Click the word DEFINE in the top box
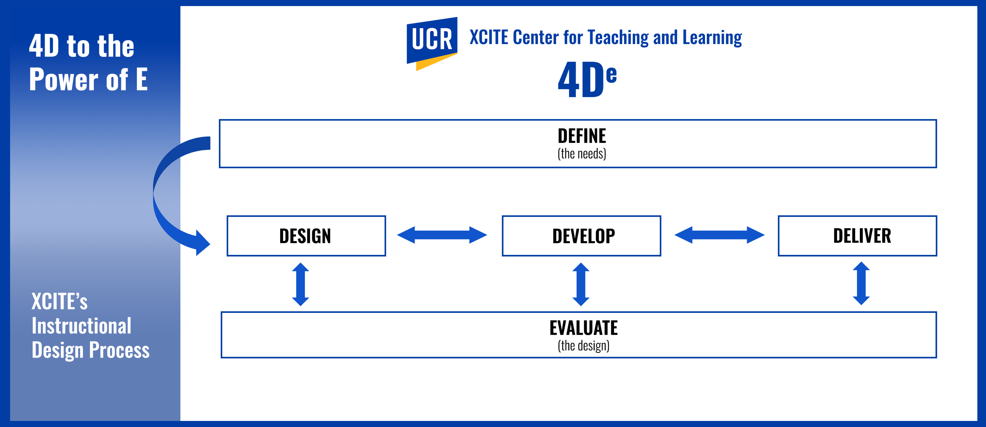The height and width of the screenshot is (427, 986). [x=581, y=136]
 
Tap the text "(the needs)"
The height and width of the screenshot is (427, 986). [x=581, y=154]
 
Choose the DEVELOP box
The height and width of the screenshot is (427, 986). [x=581, y=236]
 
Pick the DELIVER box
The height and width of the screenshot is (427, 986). [x=857, y=236]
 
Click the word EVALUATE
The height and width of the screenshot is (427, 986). [x=583, y=328]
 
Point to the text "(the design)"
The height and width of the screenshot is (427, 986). [x=583, y=346]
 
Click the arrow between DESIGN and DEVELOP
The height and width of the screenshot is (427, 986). [x=442, y=235]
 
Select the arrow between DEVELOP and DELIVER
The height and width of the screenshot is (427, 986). [x=719, y=235]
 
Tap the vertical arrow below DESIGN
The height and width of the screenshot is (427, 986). [x=300, y=284]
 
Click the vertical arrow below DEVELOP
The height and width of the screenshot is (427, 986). [x=581, y=284]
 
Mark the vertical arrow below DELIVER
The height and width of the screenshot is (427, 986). [x=861, y=283]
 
